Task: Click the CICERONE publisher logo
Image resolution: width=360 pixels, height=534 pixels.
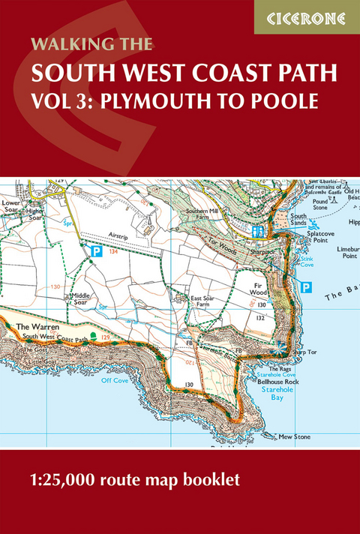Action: (x=307, y=16)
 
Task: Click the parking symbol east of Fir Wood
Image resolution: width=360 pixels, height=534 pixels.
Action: (x=305, y=286)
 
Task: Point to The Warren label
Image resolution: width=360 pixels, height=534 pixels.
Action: (x=33, y=328)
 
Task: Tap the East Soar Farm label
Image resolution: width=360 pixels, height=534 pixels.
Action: (x=203, y=301)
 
